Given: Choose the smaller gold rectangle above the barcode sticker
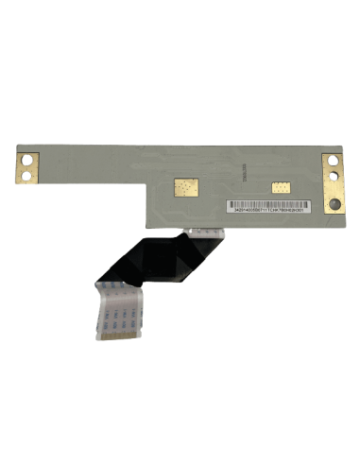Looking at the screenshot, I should pyautogui.click(x=280, y=186).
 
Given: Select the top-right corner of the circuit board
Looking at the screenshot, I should pyautogui.click(x=344, y=145).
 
